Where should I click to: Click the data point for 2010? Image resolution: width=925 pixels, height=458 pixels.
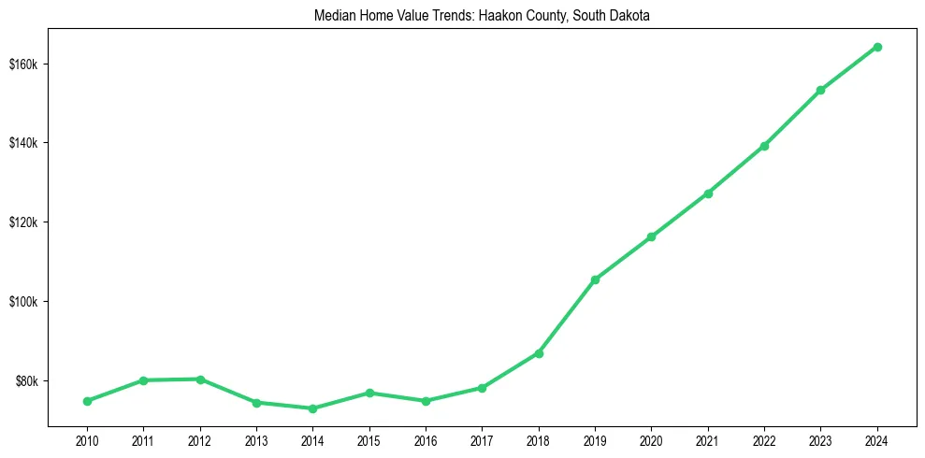point(87,401)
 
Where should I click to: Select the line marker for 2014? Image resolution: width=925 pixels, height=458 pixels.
point(312,408)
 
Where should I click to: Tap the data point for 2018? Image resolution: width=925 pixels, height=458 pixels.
point(539,353)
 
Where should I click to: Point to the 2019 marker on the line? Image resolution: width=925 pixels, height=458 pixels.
point(595,279)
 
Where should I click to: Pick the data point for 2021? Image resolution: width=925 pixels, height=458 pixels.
point(708,193)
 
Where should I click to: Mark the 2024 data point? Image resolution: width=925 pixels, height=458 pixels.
point(877,47)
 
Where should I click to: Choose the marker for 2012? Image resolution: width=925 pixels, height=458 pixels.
point(200,379)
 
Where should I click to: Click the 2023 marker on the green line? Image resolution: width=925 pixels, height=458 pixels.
point(820,90)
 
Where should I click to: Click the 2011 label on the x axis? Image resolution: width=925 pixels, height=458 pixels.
point(143,440)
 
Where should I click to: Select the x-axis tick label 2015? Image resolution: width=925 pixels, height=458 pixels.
point(369,440)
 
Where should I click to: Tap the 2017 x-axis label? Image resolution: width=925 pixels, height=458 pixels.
point(482,440)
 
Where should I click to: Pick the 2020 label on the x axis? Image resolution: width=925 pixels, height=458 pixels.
point(651,440)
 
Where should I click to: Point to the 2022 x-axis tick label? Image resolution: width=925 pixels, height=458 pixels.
point(764,440)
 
